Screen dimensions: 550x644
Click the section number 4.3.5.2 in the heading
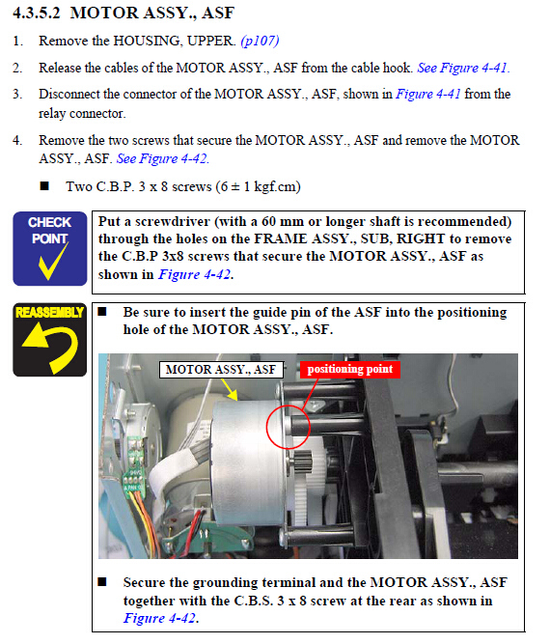(37, 14)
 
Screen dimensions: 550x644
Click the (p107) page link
(260, 41)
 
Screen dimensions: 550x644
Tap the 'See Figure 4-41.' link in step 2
(463, 68)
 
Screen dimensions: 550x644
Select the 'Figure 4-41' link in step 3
(427, 94)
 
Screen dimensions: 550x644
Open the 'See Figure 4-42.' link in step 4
(163, 158)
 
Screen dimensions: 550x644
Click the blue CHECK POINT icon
(49, 248)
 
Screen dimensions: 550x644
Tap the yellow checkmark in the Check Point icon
(53, 261)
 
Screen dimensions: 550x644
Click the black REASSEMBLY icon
(49, 340)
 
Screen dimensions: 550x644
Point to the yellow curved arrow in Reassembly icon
(51, 345)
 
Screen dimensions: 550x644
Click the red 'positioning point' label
(350, 369)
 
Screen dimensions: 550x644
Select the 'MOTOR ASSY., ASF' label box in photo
(221, 370)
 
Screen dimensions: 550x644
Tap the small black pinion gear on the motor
(303, 462)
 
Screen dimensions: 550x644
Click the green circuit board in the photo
(133, 465)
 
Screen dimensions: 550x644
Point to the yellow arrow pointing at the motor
(229, 389)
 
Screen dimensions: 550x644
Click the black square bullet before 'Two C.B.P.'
(44, 186)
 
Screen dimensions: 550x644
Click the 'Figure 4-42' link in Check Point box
(194, 274)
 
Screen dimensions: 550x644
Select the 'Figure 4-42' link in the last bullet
(159, 618)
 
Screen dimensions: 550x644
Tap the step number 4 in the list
(16, 140)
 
